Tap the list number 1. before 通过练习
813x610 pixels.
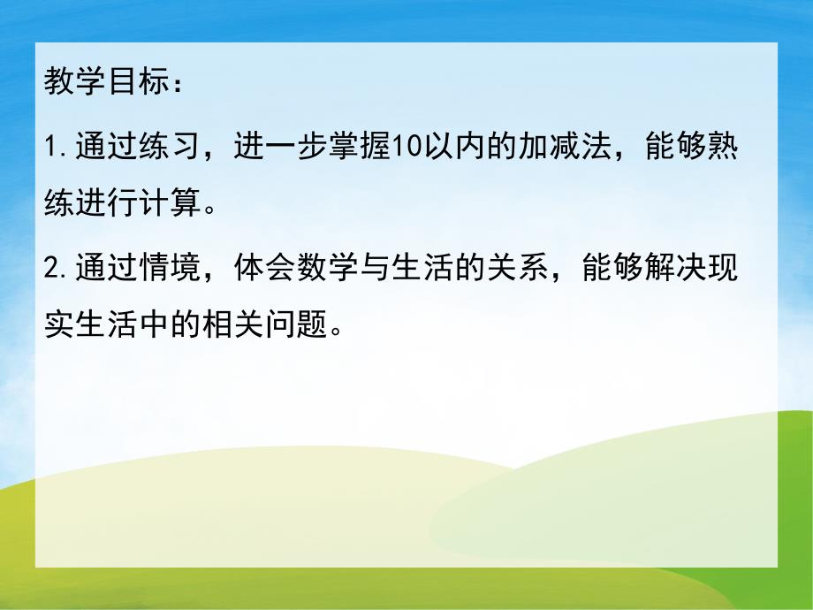coord(56,147)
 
